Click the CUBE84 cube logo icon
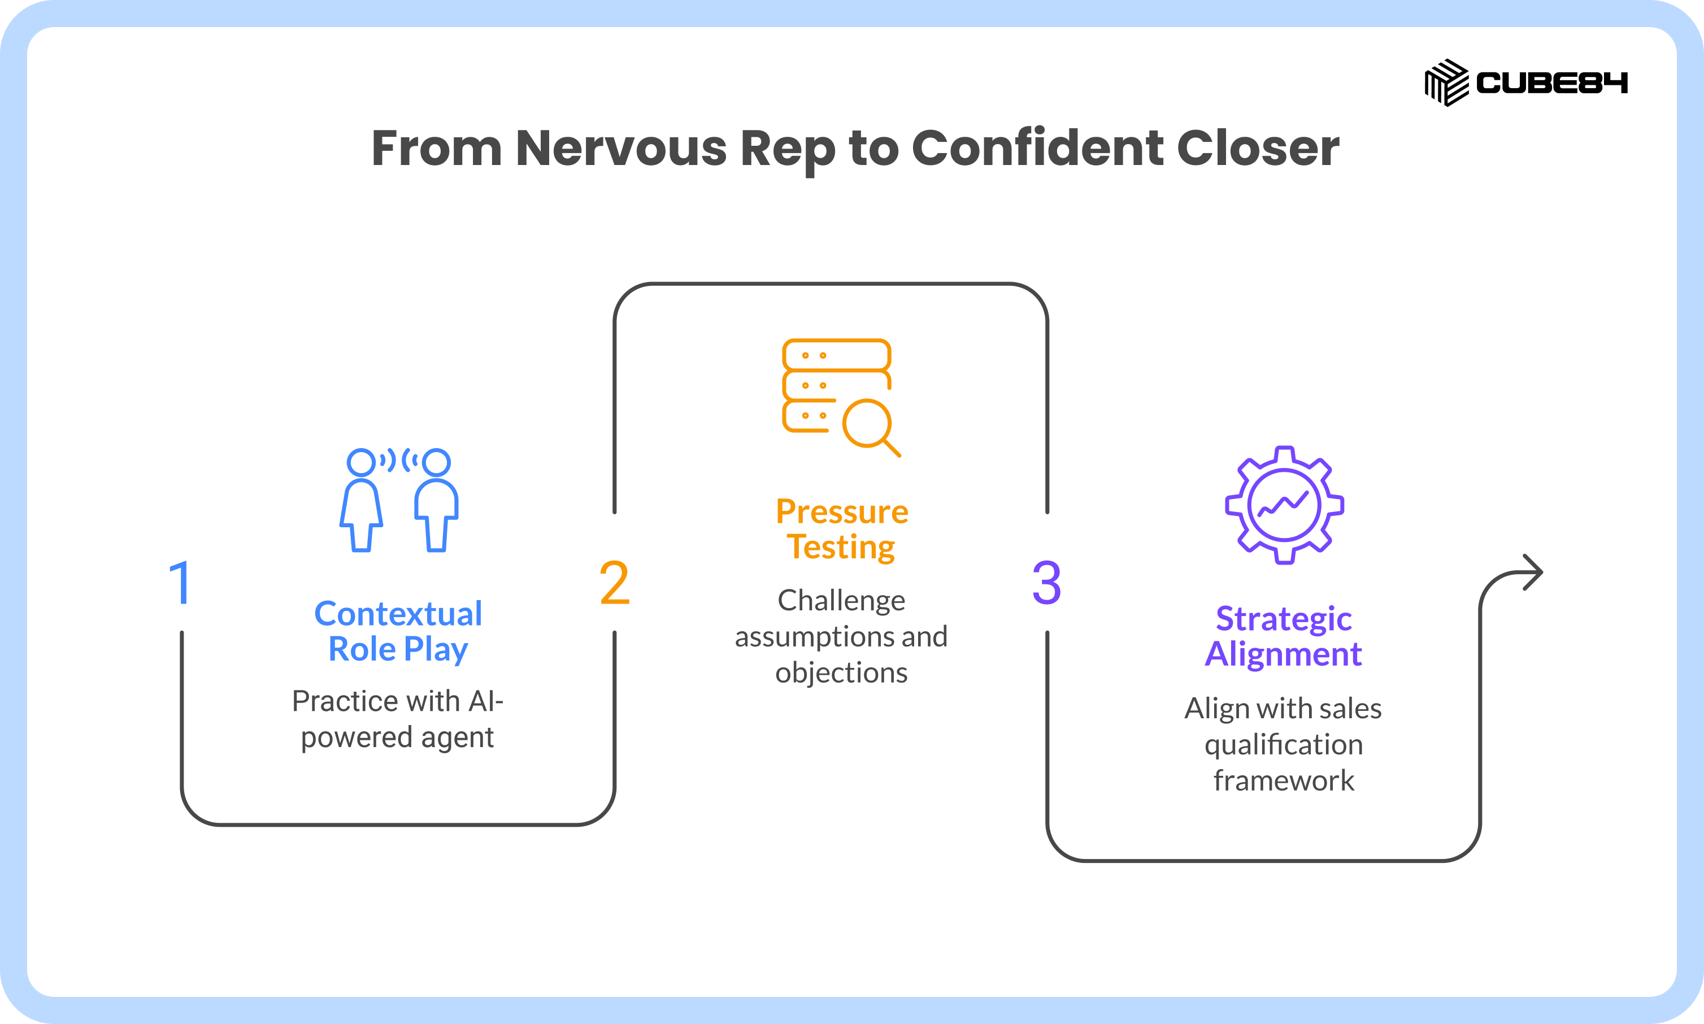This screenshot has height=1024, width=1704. (1447, 83)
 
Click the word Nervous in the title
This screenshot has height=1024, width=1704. (621, 149)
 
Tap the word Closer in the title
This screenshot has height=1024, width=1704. (1258, 149)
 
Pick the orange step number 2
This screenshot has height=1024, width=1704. (614, 583)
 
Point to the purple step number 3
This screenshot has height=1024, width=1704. (1046, 583)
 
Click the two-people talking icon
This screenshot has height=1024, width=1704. (399, 500)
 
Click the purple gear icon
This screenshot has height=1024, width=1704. (1284, 506)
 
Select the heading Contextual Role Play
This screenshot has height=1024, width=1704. (398, 631)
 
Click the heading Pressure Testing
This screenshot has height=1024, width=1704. (842, 530)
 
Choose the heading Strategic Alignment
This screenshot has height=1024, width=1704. (1283, 636)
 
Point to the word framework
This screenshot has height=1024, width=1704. (1284, 780)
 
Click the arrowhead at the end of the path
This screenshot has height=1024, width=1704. (1532, 572)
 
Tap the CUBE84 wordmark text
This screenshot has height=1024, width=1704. (1552, 83)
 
